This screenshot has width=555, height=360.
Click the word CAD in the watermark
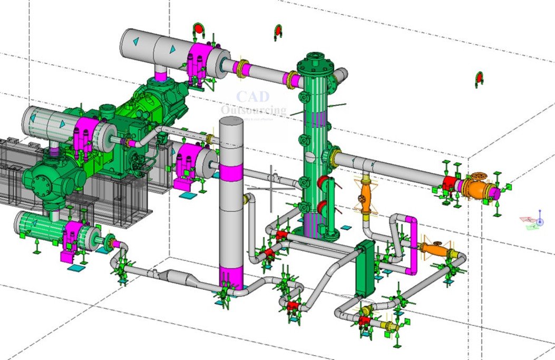252,96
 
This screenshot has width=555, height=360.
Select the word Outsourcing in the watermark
254,110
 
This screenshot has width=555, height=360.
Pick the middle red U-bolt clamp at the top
278,32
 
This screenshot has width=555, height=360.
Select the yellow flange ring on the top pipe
243,69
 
